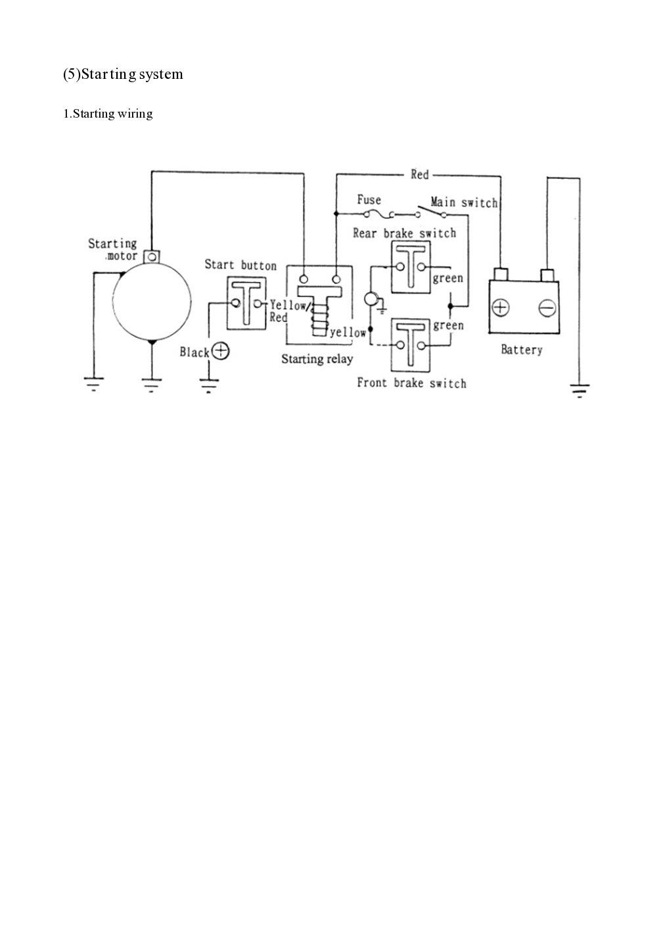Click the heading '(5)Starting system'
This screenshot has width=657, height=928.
click(123, 74)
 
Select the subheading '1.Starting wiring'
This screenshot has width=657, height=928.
click(108, 114)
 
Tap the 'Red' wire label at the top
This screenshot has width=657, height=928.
click(419, 174)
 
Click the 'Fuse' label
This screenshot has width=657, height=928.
click(369, 200)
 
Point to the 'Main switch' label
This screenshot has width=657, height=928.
click(464, 202)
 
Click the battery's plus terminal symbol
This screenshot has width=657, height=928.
click(501, 308)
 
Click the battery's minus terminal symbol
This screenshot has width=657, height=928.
click(547, 308)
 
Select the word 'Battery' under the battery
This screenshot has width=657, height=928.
click(522, 350)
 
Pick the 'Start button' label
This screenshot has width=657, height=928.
click(240, 266)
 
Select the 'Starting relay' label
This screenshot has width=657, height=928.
click(317, 359)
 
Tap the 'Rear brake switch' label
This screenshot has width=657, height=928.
click(404, 233)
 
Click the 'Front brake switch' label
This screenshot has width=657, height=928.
click(411, 383)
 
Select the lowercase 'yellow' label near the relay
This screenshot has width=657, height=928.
click(348, 333)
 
